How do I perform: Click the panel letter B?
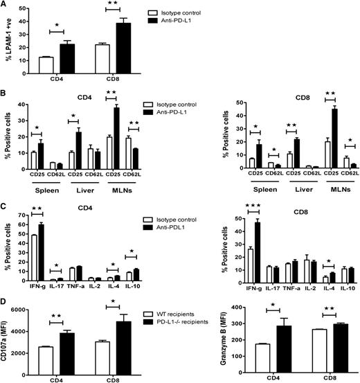point(5,90)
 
